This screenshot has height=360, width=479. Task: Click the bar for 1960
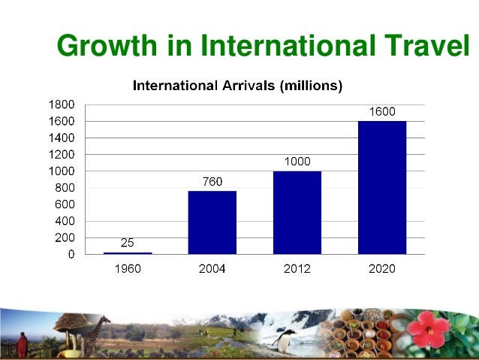pyautogui.click(x=127, y=253)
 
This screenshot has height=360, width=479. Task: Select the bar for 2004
pyautogui.click(x=212, y=222)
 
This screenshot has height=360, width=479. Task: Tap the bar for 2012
pyautogui.click(x=297, y=213)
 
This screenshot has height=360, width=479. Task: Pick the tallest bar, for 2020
pyautogui.click(x=381, y=187)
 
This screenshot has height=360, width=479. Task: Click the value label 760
pyautogui.click(x=212, y=181)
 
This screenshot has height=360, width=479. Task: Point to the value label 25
pyautogui.click(x=127, y=242)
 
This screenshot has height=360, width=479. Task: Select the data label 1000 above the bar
pyautogui.click(x=297, y=161)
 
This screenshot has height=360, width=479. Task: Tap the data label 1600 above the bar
pyautogui.click(x=381, y=111)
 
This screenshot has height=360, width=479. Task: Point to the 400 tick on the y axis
pyautogui.click(x=65, y=221)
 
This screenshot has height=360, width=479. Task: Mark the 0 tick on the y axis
pyautogui.click(x=71, y=254)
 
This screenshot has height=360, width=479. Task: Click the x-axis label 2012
pyautogui.click(x=297, y=268)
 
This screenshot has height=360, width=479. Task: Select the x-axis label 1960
pyautogui.click(x=127, y=268)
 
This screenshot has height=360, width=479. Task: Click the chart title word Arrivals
pyautogui.click(x=246, y=86)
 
